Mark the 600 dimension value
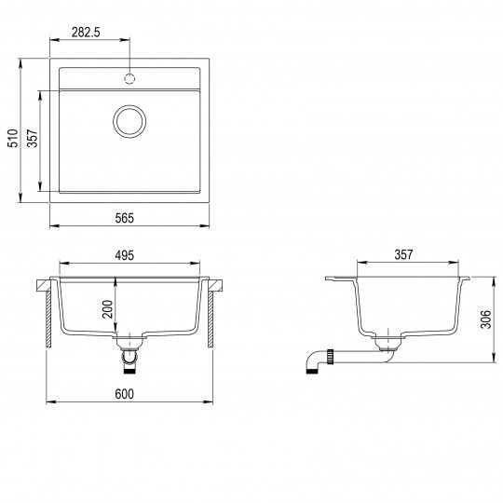click(x=125, y=394)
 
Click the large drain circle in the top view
click(x=129, y=120)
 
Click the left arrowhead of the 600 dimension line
click(x=49, y=402)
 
